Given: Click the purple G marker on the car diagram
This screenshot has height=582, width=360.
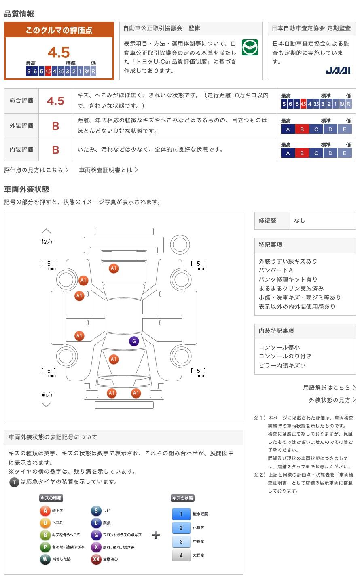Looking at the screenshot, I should (x=134, y=341).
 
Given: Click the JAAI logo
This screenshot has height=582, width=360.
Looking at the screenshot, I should (x=338, y=70).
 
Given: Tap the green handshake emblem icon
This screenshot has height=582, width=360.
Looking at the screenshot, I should (x=250, y=48).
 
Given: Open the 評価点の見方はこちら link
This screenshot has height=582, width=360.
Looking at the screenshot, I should (x=34, y=170).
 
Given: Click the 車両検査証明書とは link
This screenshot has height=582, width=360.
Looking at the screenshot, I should (x=106, y=170).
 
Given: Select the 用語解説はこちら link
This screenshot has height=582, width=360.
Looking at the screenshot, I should (x=327, y=387).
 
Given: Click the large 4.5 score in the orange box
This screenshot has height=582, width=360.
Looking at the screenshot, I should (x=59, y=52).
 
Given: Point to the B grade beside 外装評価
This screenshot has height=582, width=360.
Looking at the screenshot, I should (x=55, y=126).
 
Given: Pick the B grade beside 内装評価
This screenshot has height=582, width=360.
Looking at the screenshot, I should (x=55, y=150).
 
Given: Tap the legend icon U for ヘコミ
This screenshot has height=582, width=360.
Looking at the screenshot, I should (x=45, y=523).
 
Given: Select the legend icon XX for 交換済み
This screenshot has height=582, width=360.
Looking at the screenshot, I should (x=96, y=559).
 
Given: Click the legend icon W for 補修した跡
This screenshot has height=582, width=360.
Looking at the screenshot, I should (x=45, y=559).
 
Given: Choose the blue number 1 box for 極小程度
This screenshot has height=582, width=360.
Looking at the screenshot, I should (x=181, y=514).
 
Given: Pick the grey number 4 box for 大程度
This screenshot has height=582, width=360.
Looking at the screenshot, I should (x=181, y=555).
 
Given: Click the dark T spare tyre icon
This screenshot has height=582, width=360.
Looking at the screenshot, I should (x=14, y=482).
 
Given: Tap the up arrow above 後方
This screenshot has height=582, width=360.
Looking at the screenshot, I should (x=46, y=231).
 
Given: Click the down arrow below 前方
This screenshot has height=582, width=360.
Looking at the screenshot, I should (x=46, y=405).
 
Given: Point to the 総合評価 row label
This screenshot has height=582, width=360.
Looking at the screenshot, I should (x=21, y=101).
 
